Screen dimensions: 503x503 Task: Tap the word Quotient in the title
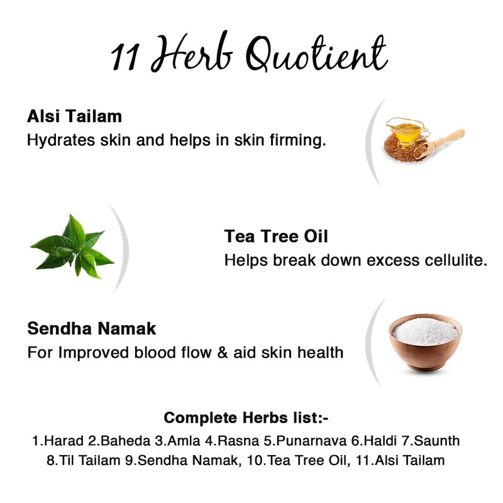[x=317, y=56]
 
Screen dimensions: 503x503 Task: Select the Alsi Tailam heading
[x=74, y=116]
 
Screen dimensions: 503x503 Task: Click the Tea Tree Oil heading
[x=276, y=237]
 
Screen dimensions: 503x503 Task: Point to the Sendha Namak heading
[x=92, y=328]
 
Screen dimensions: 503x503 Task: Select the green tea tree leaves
[x=73, y=246]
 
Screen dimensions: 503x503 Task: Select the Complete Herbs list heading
[x=246, y=417]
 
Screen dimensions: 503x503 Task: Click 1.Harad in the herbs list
[x=55, y=441]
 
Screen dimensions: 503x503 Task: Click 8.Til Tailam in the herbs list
[x=83, y=460]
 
